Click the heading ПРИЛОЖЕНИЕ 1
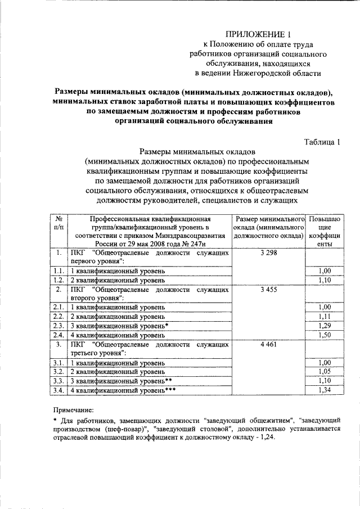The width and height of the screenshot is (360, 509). tap(258, 34)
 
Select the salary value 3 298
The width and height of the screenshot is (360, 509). tap(269, 253)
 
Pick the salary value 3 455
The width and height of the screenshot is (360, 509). tap(269, 289)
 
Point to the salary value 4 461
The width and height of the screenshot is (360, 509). tap(269, 344)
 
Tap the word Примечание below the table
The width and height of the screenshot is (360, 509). tap(73, 411)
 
